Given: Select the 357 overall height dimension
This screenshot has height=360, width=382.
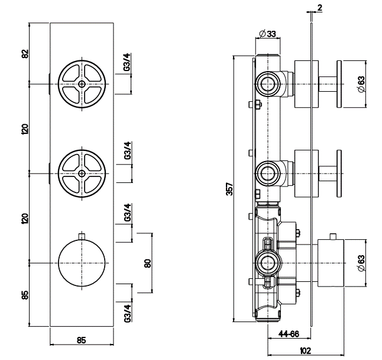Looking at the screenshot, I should [x=229, y=188].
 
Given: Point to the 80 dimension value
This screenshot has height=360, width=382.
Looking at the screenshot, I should [x=148, y=262].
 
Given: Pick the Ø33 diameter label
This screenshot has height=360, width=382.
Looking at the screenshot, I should [x=268, y=34].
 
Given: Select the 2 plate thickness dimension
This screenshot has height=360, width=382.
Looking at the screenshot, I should [x=319, y=7].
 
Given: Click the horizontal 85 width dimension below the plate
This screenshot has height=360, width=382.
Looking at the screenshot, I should [x=82, y=340].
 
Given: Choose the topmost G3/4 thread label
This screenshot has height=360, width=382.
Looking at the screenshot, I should [x=127, y=63].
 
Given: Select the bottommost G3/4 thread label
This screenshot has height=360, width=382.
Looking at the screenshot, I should [x=127, y=311].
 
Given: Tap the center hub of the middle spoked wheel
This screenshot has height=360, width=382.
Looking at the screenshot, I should [x=82, y=173].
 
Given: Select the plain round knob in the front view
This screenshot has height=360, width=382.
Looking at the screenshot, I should [x=82, y=263].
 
